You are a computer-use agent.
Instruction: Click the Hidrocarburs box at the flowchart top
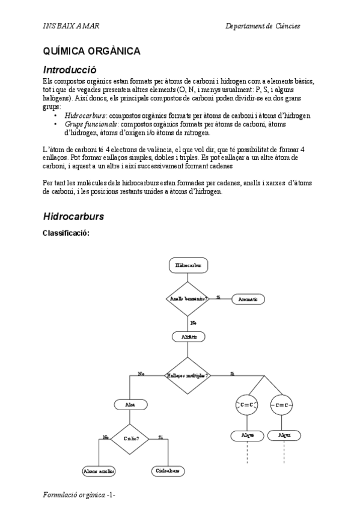[188, 265]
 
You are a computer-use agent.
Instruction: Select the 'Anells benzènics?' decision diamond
[188, 298]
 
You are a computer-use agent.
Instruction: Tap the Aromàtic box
[247, 299]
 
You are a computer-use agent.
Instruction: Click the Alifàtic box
[188, 337]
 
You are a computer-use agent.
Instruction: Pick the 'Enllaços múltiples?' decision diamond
[188, 375]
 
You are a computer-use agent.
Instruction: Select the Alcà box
[130, 405]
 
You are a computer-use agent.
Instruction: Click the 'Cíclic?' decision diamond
[130, 438]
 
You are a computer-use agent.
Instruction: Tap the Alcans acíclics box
[99, 471]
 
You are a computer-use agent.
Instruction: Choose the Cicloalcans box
[168, 471]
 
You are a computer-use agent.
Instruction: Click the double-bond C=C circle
[247, 405]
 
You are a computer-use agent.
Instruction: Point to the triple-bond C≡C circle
[283, 405]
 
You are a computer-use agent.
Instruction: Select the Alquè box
[247, 434]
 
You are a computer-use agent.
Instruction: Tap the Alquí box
[284, 434]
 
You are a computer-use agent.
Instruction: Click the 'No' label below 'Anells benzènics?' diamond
[194, 323]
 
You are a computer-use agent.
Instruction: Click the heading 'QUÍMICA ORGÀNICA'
[91, 51]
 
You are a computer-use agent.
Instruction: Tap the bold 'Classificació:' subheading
[66, 233]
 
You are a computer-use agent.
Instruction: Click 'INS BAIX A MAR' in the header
[72, 26]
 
